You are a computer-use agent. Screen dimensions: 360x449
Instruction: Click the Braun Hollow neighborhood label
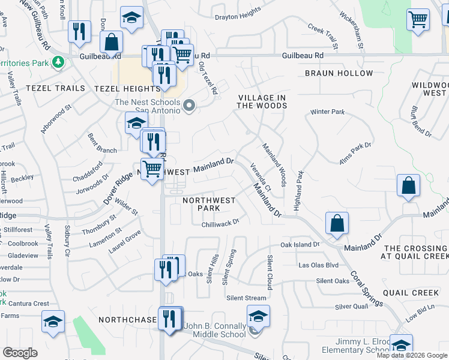coord(339,73)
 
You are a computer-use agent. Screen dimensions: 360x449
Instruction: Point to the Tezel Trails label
coord(34,88)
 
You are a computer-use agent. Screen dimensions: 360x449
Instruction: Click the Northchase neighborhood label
coord(127,320)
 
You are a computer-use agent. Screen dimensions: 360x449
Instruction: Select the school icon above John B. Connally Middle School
coord(258,316)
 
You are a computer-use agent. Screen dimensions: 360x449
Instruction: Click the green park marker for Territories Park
coord(58,61)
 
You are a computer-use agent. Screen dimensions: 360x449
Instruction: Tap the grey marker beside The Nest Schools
coord(190,106)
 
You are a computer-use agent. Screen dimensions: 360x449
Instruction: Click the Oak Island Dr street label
coord(300,245)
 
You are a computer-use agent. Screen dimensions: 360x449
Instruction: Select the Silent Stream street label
coord(246,298)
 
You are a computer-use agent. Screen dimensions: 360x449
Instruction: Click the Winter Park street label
coord(327,112)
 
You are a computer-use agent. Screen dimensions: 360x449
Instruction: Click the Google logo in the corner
coord(20,353)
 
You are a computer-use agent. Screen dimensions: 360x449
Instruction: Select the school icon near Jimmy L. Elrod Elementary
coord(401,344)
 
